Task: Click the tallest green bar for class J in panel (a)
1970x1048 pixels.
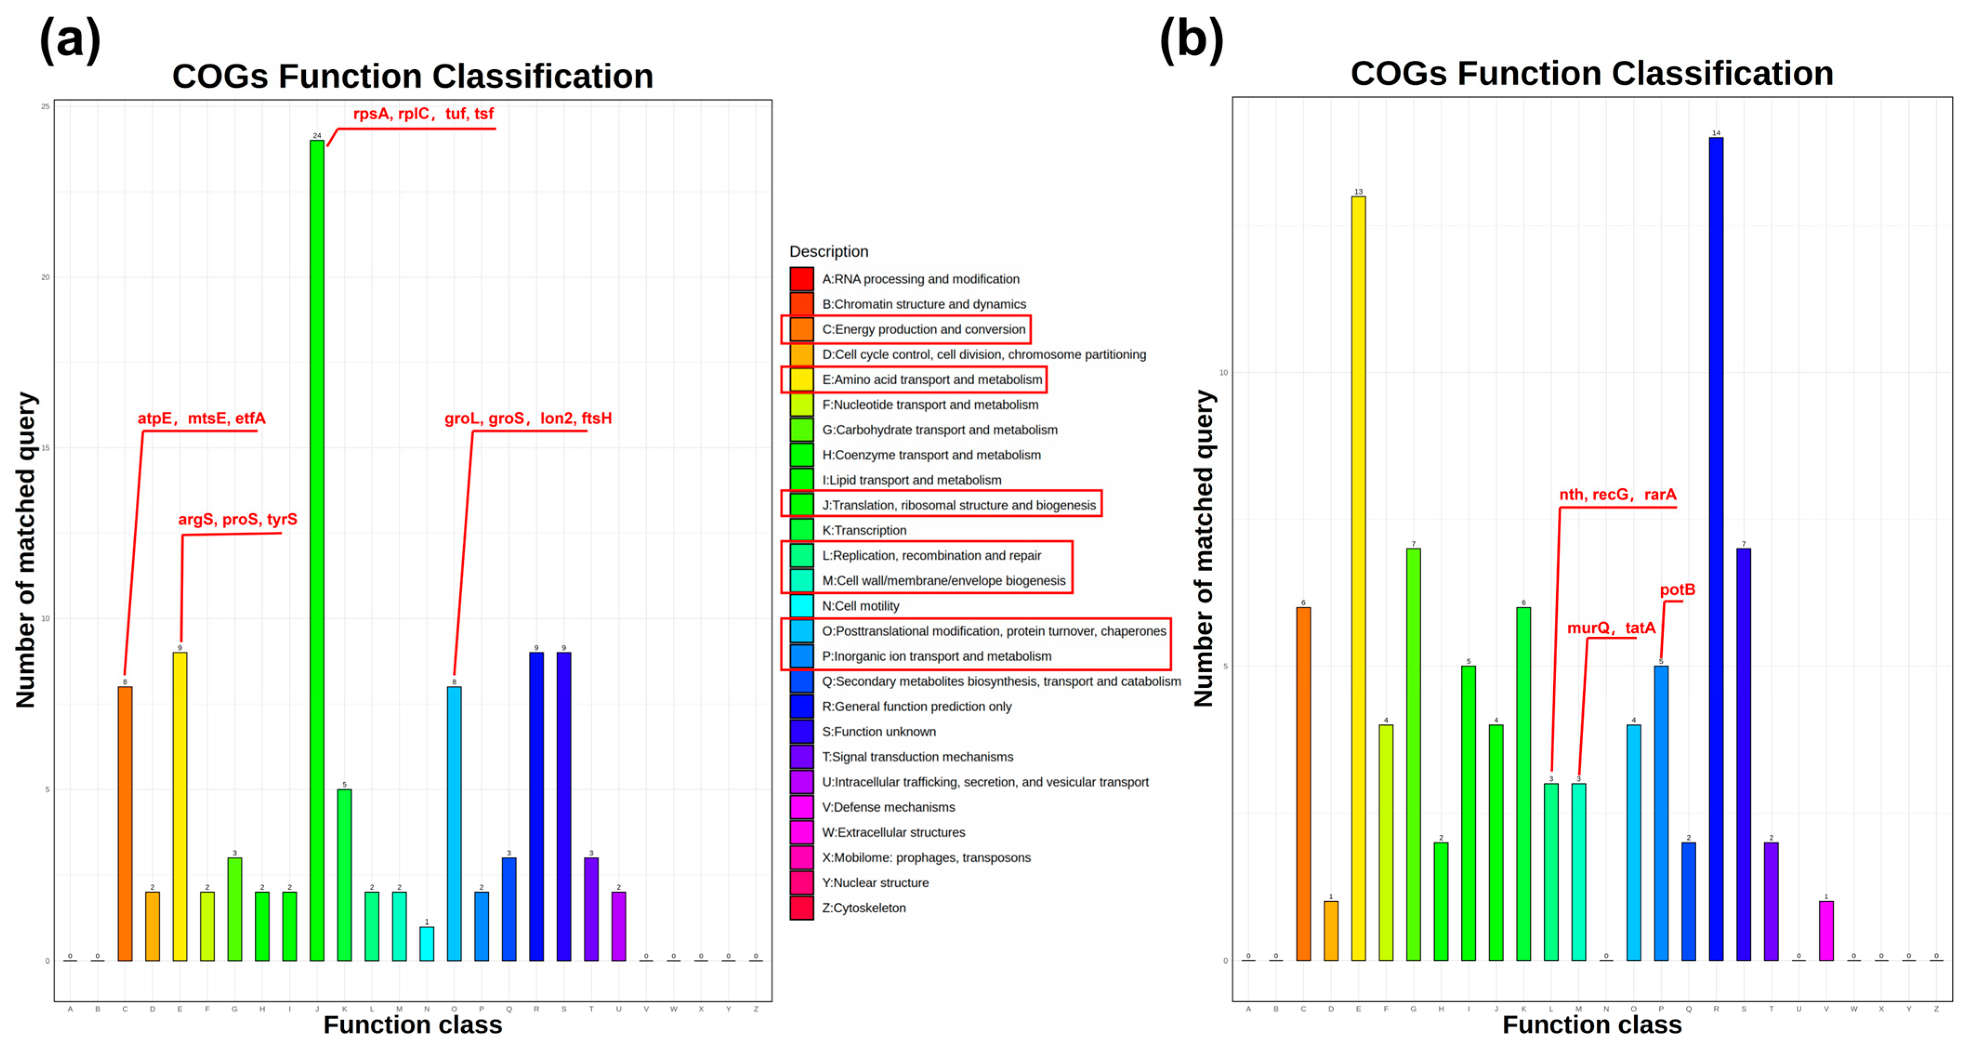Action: (316, 551)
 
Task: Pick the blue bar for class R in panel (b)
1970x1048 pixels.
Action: (1716, 549)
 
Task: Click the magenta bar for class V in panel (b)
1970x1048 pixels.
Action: (1826, 931)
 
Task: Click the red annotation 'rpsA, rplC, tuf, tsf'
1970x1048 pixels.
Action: (423, 114)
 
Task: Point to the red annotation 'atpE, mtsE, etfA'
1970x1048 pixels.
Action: (201, 418)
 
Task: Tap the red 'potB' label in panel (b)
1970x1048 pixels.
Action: (1677, 590)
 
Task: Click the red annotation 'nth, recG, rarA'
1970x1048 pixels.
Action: (1617, 495)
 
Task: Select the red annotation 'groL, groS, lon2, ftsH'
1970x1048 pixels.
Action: (528, 418)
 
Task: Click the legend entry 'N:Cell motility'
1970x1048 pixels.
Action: (860, 606)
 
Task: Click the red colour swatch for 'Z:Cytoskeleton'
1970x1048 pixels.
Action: (801, 908)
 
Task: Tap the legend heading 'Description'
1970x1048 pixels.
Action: (828, 252)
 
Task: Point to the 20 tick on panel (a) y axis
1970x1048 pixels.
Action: (45, 277)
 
